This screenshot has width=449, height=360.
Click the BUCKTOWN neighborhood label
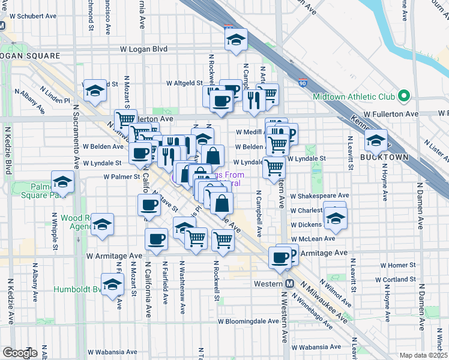384,157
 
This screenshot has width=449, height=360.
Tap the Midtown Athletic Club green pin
405,96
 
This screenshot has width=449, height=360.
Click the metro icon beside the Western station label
289,283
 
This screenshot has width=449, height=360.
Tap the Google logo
20,353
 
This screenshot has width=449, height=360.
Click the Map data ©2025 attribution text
423,355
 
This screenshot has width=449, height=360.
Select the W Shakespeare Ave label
319,196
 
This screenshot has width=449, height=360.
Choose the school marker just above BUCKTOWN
376,142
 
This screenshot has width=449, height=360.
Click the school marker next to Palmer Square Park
62,181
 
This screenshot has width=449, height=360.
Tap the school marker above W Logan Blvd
236,40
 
